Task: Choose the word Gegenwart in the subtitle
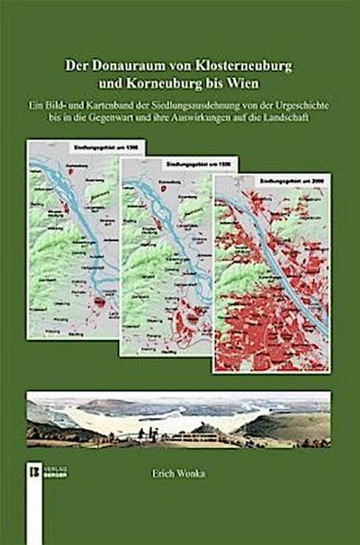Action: pyautogui.click(x=131, y=118)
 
